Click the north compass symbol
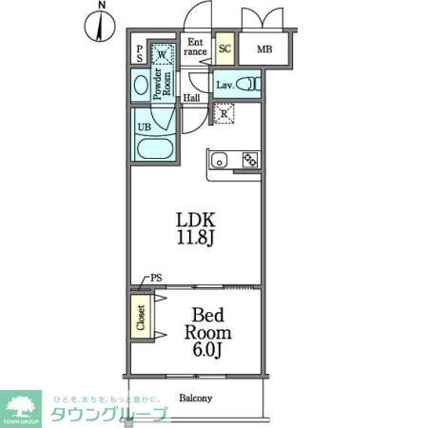coord(102,26)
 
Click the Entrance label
coord(196,47)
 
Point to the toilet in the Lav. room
coord(250,84)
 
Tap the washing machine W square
coord(163,55)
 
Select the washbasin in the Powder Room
coord(141,86)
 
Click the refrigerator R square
coord(225,115)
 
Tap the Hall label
coord(191,98)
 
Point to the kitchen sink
coord(217,160)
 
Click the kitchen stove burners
coord(250,160)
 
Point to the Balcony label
coord(195,399)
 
